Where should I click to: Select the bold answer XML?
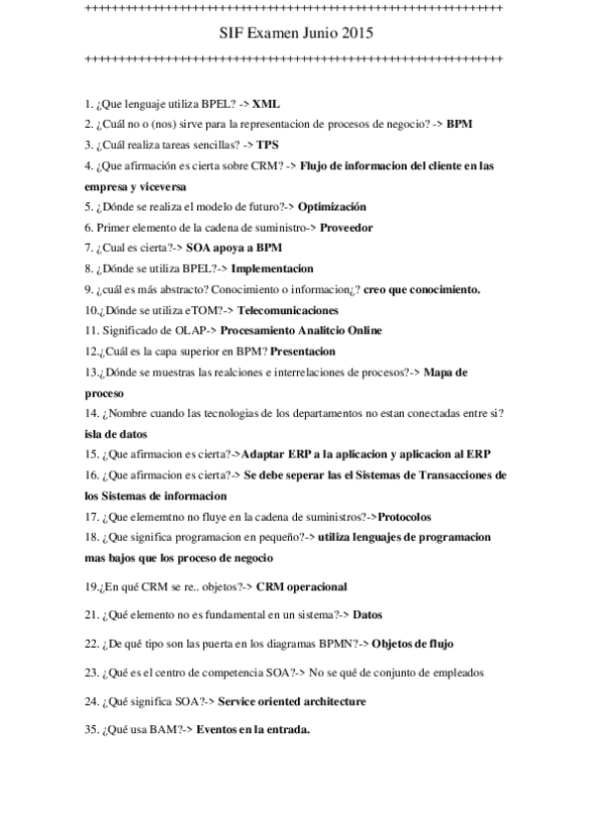[265, 102]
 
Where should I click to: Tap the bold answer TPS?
[268, 145]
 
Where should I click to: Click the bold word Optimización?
[332, 206]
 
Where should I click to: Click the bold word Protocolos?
[405, 517]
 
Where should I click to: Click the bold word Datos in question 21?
[367, 614]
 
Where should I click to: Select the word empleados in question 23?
[453, 673]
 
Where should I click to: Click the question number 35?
[91, 730]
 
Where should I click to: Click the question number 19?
[91, 586]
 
